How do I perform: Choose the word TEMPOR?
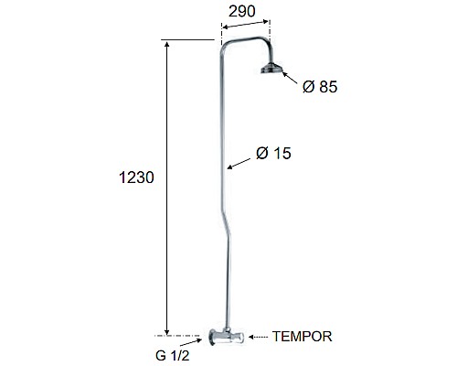coord(302,337)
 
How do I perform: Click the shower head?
coord(271,70)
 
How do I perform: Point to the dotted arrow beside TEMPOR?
coord(258,337)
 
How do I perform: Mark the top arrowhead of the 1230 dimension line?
coord(167,44)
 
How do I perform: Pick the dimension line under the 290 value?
coord(242,27)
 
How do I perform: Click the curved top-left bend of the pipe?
coord(226,46)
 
